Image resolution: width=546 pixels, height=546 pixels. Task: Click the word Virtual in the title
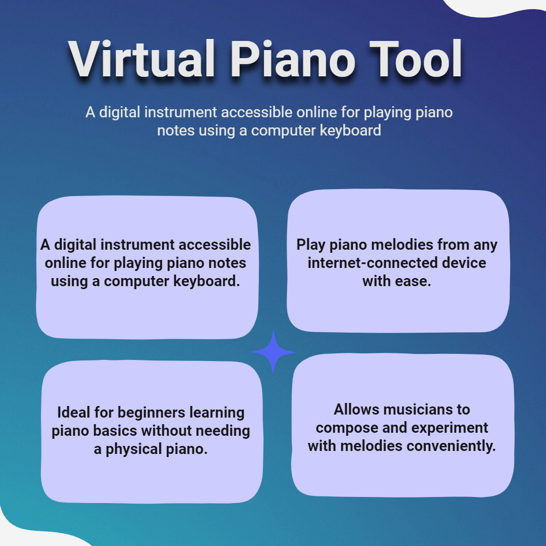[142, 59]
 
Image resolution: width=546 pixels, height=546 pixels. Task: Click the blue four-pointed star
[272, 352]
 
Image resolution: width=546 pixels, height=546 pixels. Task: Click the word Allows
[356, 409]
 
